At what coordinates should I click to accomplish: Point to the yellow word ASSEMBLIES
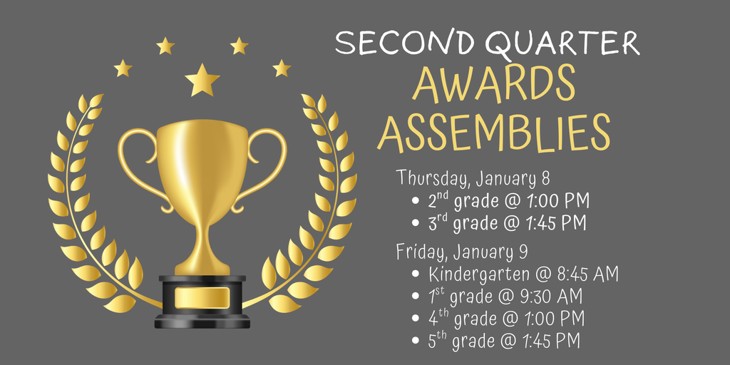pyautogui.click(x=493, y=132)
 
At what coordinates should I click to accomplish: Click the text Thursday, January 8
pyautogui.click(x=473, y=177)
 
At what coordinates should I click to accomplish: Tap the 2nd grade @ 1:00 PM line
pyautogui.click(x=508, y=200)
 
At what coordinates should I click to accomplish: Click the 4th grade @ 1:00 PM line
pyautogui.click(x=506, y=318)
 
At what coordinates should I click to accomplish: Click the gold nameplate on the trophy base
pyautogui.click(x=202, y=298)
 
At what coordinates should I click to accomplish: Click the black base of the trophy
pyautogui.click(x=202, y=317)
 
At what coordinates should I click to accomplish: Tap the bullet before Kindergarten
pyautogui.click(x=416, y=274)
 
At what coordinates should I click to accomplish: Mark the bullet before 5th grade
pyautogui.click(x=416, y=341)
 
